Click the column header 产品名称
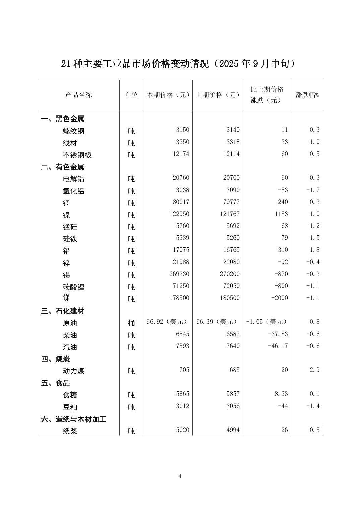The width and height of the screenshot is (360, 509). [x=78, y=95]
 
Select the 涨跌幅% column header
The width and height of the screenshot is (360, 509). [x=307, y=95]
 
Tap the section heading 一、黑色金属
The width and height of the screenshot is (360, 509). [x=63, y=119]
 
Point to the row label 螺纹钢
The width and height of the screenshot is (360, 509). [x=74, y=131]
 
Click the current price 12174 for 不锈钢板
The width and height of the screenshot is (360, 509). [x=181, y=154]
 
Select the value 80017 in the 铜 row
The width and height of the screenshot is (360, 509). [x=181, y=202]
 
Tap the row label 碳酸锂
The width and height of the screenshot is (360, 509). [x=74, y=287]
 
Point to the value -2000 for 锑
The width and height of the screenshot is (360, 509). [x=280, y=298]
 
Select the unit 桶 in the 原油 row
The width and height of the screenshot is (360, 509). [x=131, y=323]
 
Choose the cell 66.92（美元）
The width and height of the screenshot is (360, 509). [x=167, y=321]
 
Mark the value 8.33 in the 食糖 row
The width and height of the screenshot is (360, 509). [x=281, y=394]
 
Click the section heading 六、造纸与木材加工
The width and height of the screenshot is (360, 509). [x=74, y=419]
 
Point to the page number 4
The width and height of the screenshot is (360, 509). [x=180, y=476]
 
